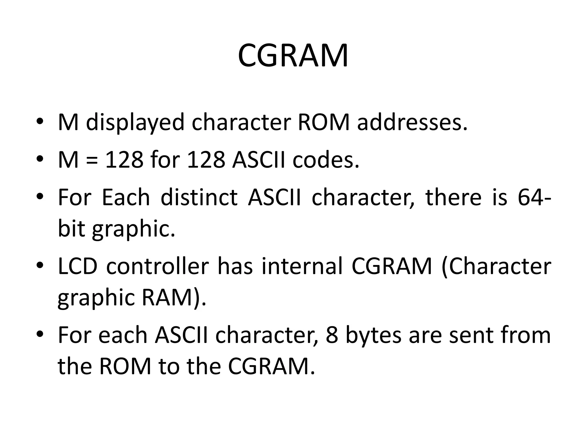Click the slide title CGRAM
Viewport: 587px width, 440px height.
click(x=293, y=56)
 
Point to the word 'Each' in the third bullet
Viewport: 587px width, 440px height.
click(x=126, y=197)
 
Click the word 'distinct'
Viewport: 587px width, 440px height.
click(x=199, y=197)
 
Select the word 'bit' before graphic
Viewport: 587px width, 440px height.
click(x=71, y=229)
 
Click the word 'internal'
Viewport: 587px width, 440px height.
click(x=302, y=266)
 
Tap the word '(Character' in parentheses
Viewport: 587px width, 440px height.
click(x=496, y=266)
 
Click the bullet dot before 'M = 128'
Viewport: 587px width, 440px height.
click(x=40, y=159)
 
